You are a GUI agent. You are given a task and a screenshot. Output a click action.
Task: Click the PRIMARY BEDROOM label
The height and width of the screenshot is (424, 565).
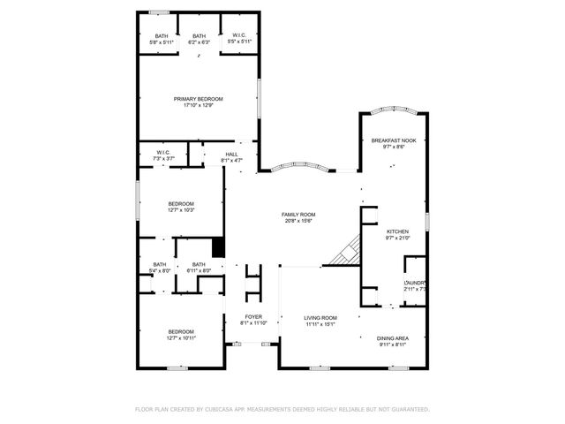click(x=198, y=99)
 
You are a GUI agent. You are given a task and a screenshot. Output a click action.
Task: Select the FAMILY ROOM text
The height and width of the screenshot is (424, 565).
click(x=298, y=215)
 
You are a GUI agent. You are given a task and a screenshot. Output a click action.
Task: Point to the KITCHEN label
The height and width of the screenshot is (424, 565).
click(x=397, y=231)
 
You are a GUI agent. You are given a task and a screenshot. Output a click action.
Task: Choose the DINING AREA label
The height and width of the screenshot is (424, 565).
click(x=393, y=338)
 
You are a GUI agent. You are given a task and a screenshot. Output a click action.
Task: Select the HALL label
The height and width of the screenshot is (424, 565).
click(x=231, y=155)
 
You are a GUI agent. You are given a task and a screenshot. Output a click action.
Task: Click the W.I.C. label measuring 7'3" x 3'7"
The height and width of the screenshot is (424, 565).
click(x=163, y=152)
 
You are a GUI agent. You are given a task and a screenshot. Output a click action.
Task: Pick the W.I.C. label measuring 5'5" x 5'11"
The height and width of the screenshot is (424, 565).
click(x=239, y=36)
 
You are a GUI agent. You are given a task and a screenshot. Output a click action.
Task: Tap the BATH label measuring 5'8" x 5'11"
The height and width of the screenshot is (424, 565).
click(x=161, y=36)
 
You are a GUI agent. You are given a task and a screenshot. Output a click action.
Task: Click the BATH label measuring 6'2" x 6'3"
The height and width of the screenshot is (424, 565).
click(x=199, y=36)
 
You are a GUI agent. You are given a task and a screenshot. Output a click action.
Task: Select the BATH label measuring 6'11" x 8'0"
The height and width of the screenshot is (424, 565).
click(x=199, y=264)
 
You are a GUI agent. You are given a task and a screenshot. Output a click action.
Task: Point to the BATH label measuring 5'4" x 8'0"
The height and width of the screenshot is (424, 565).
click(x=160, y=264)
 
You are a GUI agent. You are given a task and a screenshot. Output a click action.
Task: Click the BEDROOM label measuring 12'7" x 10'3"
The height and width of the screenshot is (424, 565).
click(x=180, y=204)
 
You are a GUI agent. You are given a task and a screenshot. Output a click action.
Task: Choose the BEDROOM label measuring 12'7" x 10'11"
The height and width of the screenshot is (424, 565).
click(x=180, y=332)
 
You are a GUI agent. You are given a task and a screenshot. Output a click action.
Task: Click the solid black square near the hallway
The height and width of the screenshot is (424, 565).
click(x=219, y=247)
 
